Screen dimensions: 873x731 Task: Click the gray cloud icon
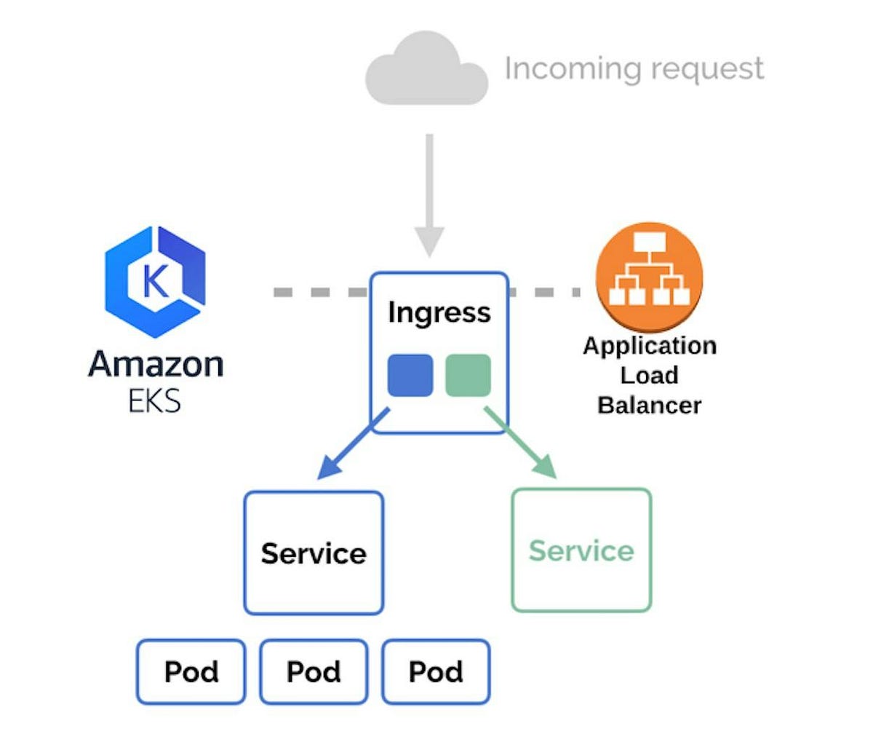click(426, 68)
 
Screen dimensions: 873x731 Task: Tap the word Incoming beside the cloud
click(573, 68)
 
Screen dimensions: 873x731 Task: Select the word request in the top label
click(707, 70)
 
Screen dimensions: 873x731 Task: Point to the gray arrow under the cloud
click(429, 195)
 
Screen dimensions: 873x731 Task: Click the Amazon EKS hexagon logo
click(155, 282)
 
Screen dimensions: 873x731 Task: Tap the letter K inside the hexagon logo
click(155, 281)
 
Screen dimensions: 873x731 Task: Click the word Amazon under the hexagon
click(156, 364)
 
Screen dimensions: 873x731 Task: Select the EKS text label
click(154, 401)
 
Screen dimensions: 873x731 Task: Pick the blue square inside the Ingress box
click(410, 376)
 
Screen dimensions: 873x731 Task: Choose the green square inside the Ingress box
click(469, 376)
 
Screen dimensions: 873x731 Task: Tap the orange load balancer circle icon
click(650, 277)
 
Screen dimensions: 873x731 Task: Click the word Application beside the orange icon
click(650, 346)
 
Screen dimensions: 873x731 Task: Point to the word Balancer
click(650, 406)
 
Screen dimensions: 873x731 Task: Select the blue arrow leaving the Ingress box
click(354, 443)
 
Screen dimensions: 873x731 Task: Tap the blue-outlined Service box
click(314, 553)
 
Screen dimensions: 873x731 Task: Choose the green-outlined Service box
click(581, 550)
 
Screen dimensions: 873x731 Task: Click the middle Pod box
click(314, 672)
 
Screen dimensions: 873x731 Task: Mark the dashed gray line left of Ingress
click(321, 292)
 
